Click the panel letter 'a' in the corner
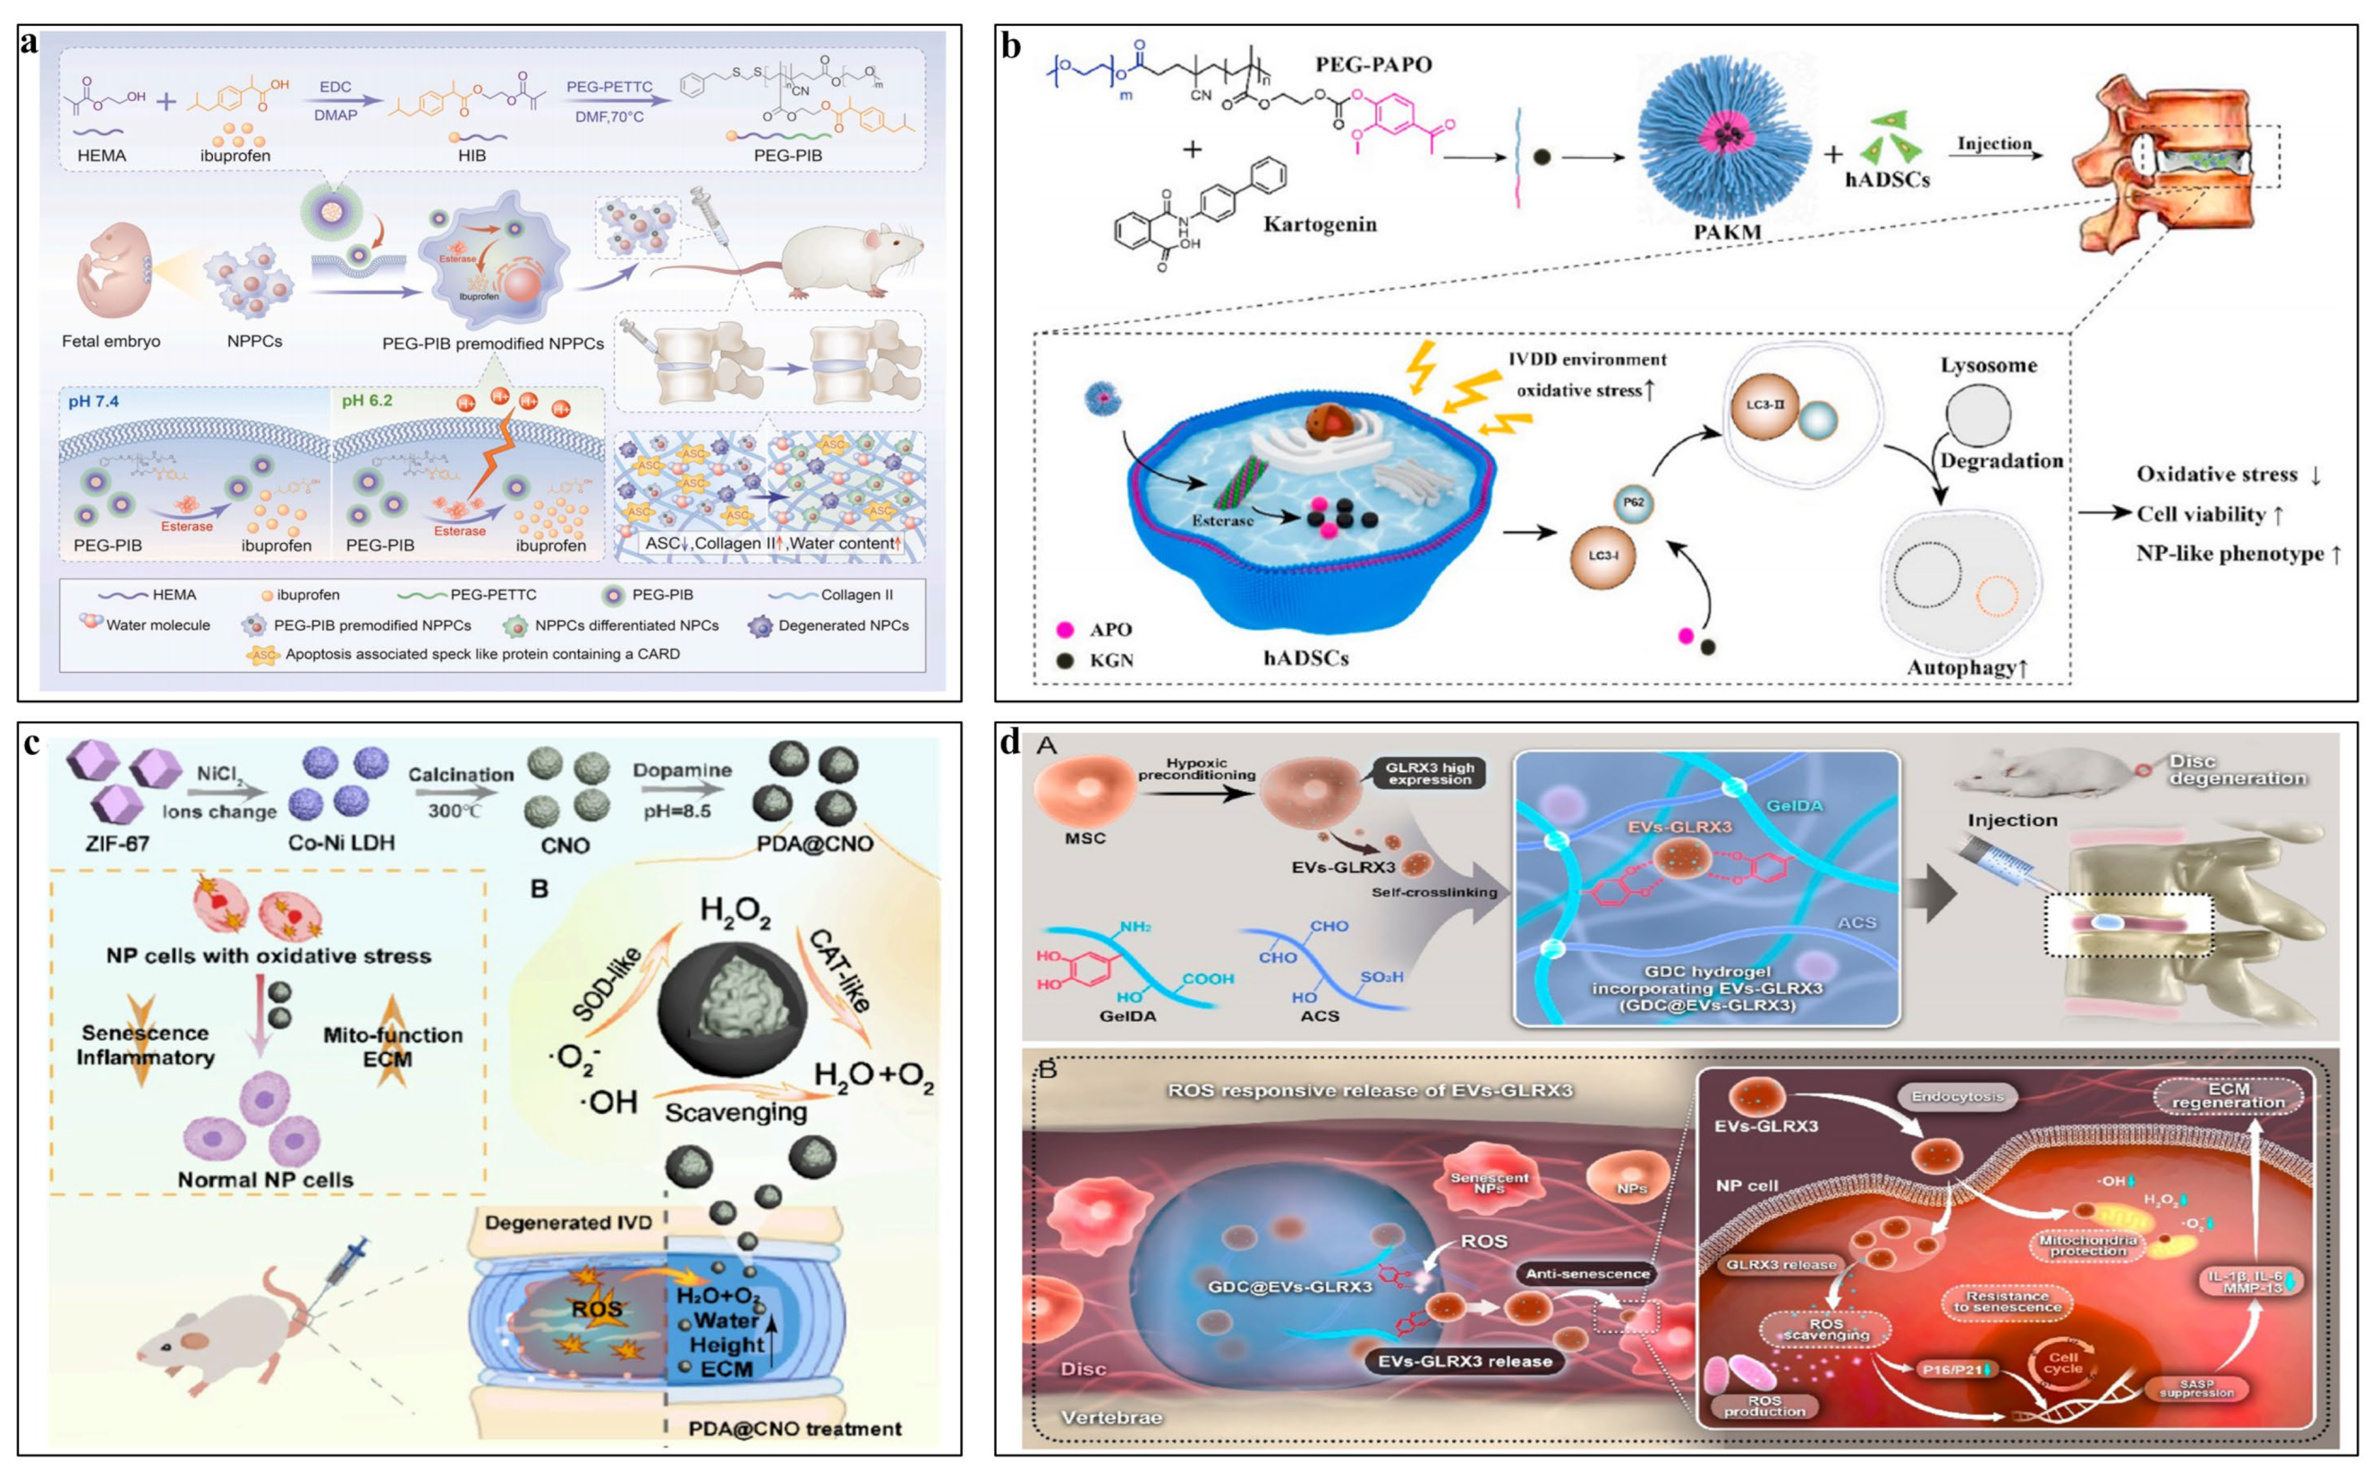30,42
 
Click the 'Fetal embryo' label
110,341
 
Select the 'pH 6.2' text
367,401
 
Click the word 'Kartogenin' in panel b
1320,225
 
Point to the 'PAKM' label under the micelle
1727,233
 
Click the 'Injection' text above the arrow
1994,144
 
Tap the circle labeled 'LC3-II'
1764,404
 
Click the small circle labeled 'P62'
1633,503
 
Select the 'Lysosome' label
1989,366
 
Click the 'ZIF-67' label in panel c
116,843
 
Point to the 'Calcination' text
461,774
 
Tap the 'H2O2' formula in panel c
735,912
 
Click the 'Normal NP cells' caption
265,1180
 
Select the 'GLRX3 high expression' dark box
1430,773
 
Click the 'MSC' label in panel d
1085,837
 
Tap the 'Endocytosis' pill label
1957,1097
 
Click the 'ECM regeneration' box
2229,1096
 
